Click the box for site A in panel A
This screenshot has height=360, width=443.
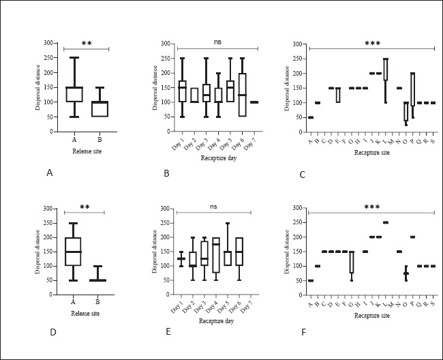[x=74, y=95]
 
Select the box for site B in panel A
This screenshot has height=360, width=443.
[x=99, y=109]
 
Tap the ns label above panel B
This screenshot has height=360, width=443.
[x=217, y=42]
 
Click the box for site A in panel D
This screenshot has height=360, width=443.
[x=72, y=252]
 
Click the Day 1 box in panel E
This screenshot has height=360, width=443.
[x=181, y=258]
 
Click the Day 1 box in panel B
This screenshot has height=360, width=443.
[x=183, y=91]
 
